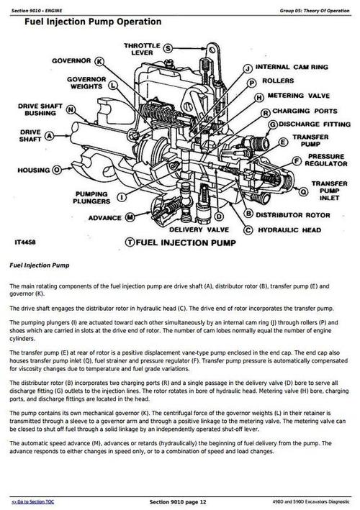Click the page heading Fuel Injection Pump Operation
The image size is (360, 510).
click(x=92, y=22)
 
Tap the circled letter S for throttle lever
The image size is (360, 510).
click(x=168, y=49)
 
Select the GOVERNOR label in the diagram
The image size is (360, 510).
click(x=71, y=61)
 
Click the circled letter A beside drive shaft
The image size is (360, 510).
click(x=50, y=135)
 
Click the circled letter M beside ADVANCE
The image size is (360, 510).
click(x=130, y=216)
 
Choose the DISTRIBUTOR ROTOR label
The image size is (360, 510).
click(x=294, y=214)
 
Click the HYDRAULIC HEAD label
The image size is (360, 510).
click(x=289, y=230)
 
